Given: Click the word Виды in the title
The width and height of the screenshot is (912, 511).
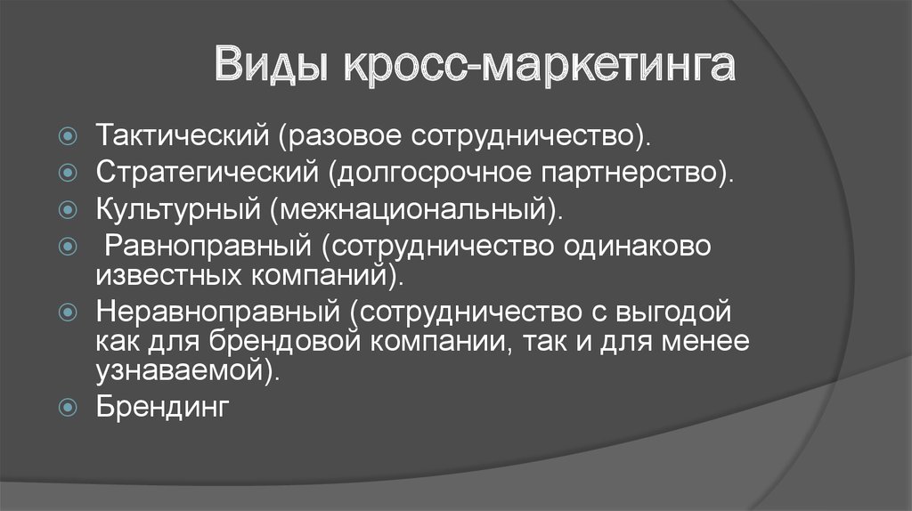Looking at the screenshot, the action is click(x=273, y=64).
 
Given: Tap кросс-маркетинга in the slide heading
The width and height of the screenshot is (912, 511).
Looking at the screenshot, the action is click(x=540, y=65).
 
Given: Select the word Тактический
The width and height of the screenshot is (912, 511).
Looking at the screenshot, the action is click(x=183, y=135).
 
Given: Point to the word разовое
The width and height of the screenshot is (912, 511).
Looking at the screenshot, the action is click(x=340, y=136).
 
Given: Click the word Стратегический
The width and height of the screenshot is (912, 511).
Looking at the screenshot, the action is click(x=207, y=172).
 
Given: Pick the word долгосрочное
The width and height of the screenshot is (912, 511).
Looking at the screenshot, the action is click(x=429, y=174).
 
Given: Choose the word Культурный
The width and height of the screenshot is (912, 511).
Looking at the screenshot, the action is click(x=178, y=208).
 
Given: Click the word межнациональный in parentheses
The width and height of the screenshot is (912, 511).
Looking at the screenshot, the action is click(x=412, y=210).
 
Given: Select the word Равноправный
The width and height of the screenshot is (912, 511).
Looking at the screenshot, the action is click(x=208, y=246).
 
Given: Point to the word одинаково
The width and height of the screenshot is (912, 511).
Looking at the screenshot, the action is click(x=637, y=246).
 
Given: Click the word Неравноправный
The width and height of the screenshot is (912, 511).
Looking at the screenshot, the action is click(x=218, y=312).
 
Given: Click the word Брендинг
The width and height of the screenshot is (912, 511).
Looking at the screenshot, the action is click(x=163, y=407).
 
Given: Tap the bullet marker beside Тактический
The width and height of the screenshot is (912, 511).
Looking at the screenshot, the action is click(x=68, y=136).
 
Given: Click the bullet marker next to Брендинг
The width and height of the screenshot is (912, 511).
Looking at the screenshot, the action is click(x=68, y=408).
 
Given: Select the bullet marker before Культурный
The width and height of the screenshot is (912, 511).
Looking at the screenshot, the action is click(x=68, y=210).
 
